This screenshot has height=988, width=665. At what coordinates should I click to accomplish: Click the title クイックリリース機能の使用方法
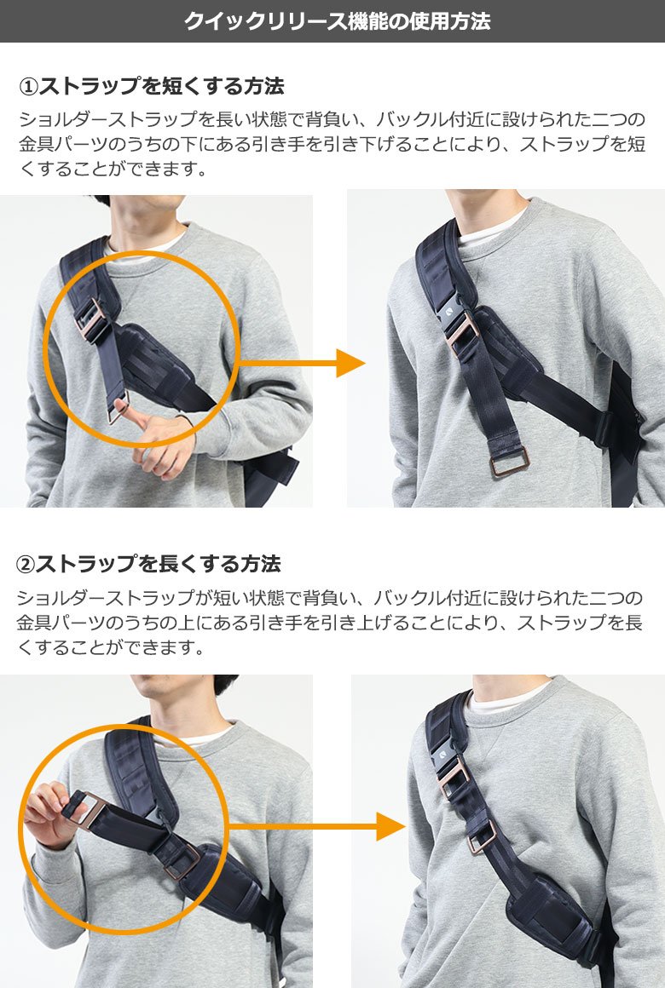pyautogui.click(x=337, y=20)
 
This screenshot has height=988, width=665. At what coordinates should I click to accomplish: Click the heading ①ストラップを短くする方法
pyautogui.click(x=152, y=86)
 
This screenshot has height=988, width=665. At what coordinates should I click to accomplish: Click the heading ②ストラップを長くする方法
pyautogui.click(x=148, y=564)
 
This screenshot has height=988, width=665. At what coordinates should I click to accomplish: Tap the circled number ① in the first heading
pyautogui.click(x=29, y=86)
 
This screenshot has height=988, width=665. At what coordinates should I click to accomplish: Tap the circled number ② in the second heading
pyautogui.click(x=26, y=564)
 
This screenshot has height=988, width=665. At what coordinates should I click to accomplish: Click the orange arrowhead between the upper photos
pyautogui.click(x=350, y=363)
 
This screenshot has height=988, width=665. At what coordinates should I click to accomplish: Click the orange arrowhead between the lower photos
pyautogui.click(x=390, y=826)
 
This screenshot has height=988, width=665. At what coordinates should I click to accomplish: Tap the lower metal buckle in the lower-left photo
pyautogui.click(x=182, y=861)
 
